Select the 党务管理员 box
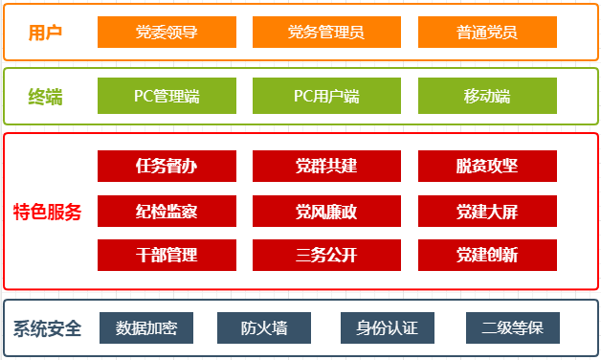[326, 33]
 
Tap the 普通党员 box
[487, 33]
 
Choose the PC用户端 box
[326, 97]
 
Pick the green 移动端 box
[487, 97]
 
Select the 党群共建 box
[326, 166]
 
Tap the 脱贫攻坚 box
[487, 166]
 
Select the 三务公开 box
[326, 255]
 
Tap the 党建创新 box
[487, 255]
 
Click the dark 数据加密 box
[146, 328]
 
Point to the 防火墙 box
[264, 328]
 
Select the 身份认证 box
[388, 328]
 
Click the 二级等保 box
[513, 328]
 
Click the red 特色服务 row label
[48, 211]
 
